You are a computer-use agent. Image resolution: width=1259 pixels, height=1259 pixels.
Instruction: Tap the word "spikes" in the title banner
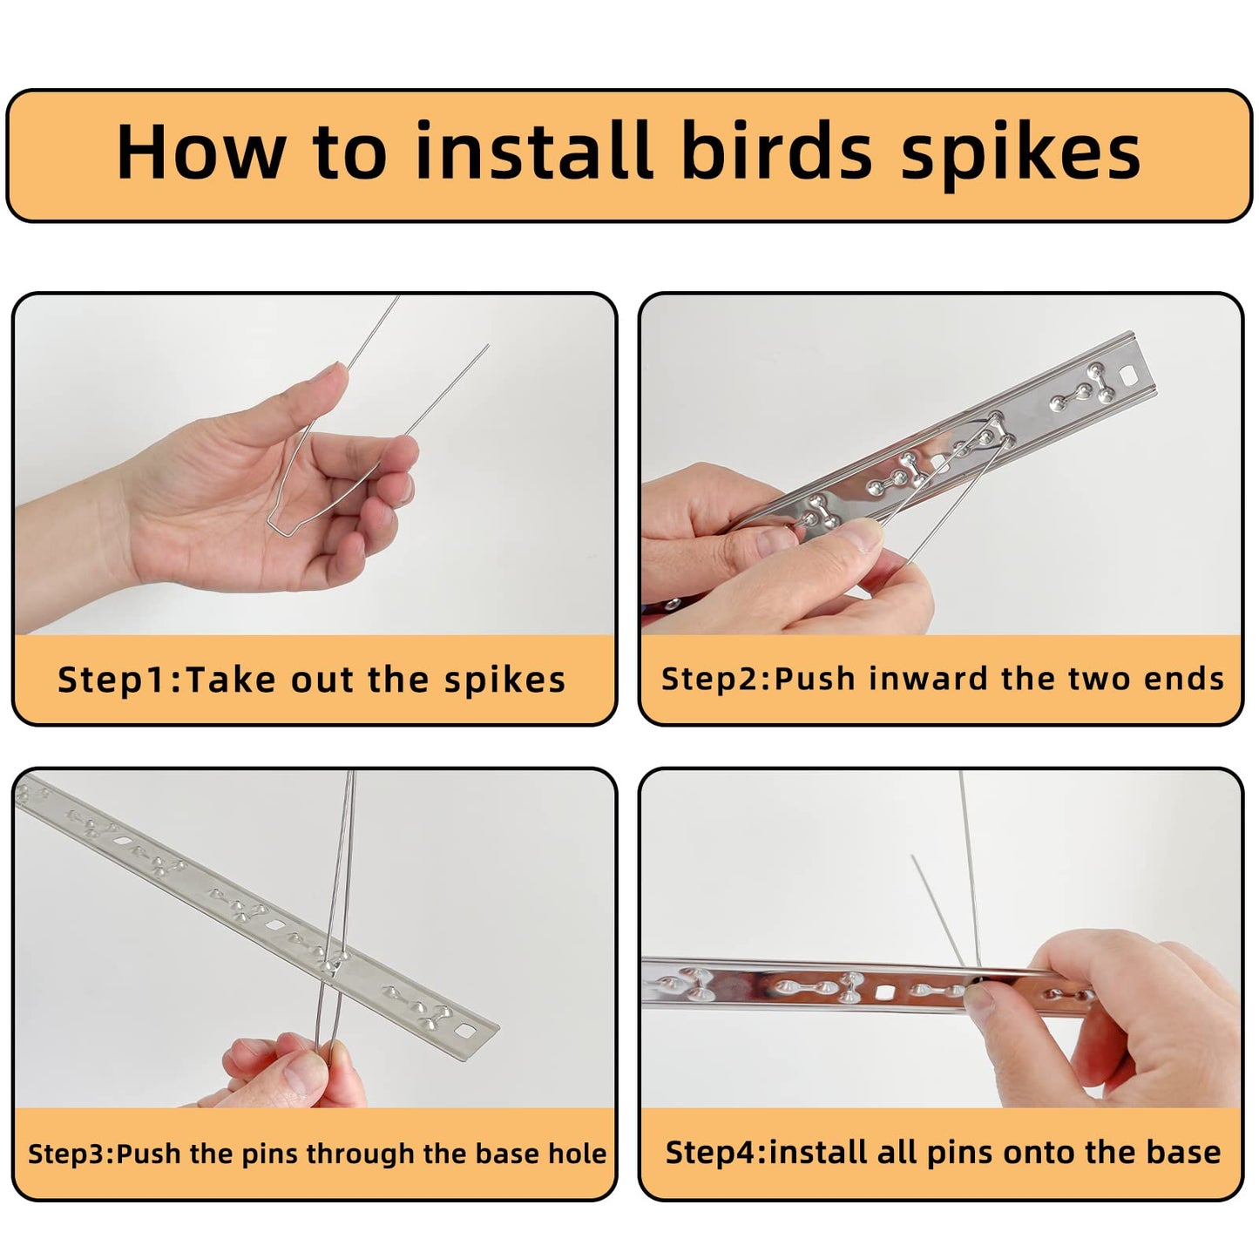(1020, 155)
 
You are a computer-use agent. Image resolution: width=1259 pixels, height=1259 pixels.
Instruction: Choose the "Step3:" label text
(71, 1154)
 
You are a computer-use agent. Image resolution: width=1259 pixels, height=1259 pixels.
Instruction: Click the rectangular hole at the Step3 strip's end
(465, 1031)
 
